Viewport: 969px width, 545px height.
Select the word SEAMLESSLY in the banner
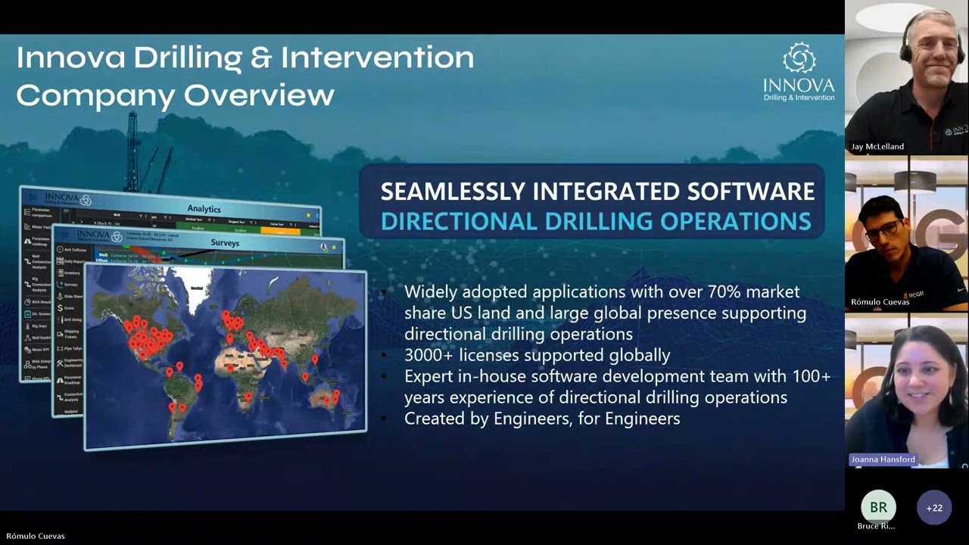point(453,192)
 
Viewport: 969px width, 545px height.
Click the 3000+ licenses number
point(428,355)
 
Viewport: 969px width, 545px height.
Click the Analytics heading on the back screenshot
point(204,209)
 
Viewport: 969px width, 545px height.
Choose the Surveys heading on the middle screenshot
point(225,243)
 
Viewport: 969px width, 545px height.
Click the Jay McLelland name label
point(877,147)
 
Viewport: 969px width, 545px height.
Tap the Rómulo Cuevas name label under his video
point(880,302)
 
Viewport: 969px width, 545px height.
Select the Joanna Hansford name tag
point(883,459)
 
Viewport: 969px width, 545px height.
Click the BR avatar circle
point(878,507)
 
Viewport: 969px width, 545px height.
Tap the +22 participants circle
point(934,508)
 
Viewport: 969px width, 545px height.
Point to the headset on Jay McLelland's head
point(905,38)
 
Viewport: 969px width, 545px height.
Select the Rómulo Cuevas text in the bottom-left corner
point(36,536)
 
